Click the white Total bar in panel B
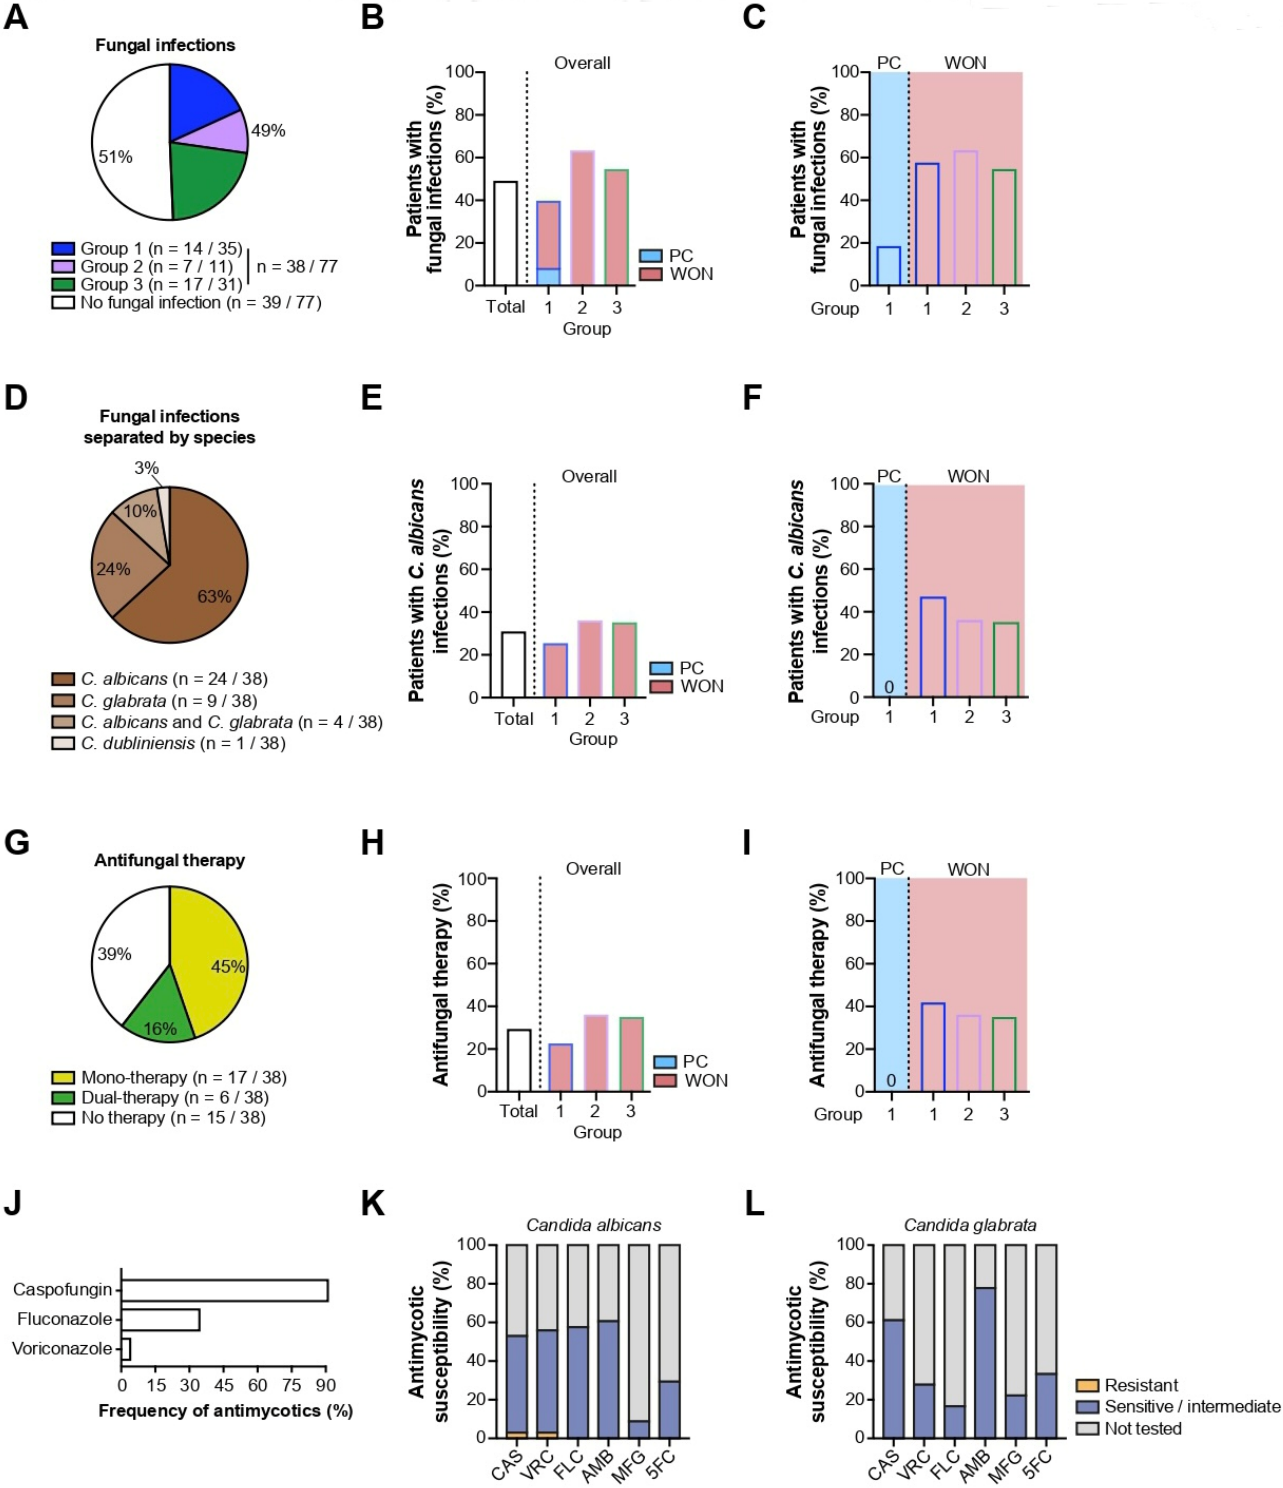click(505, 233)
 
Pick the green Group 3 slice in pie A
click(208, 179)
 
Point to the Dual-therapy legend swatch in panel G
click(63, 1097)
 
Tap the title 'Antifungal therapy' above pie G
click(170, 860)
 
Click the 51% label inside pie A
click(115, 157)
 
